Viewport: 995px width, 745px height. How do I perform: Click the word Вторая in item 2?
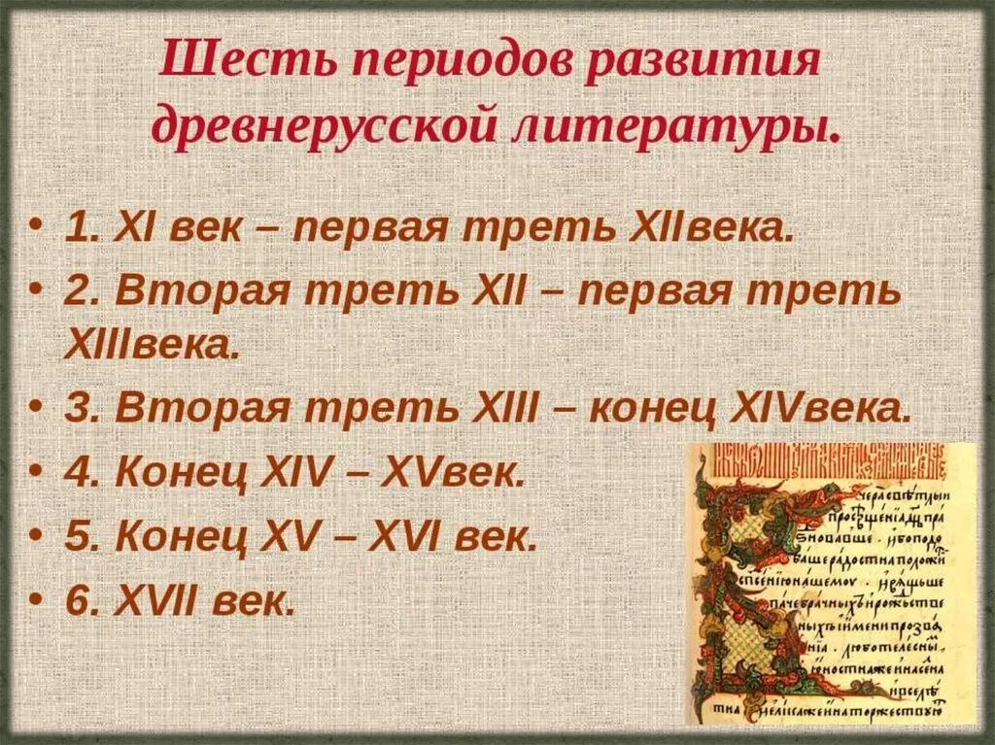coord(186,292)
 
